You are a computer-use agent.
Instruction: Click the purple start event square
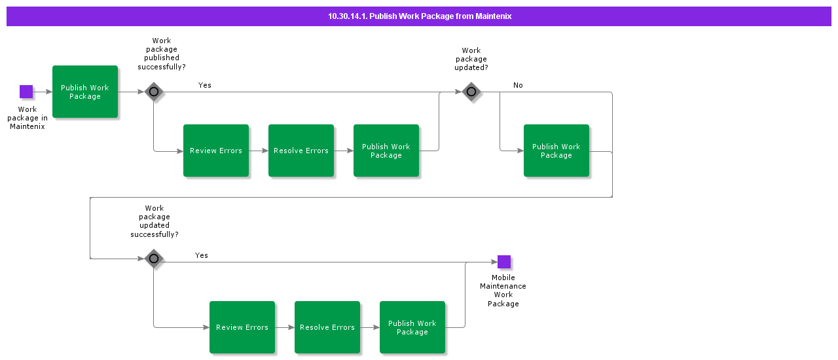(26, 92)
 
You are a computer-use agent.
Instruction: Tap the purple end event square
(503, 262)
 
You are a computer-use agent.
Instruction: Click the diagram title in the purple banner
(419, 16)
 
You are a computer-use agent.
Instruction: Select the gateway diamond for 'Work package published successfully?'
(154, 92)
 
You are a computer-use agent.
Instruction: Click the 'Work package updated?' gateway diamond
(471, 92)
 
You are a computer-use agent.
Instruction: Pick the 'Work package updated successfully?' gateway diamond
(154, 259)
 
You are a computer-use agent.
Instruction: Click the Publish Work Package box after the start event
(85, 92)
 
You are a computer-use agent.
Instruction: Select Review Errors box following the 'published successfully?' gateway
(216, 151)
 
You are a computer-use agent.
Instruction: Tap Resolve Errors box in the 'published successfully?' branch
(301, 151)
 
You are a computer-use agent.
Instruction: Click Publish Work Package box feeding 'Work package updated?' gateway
(386, 151)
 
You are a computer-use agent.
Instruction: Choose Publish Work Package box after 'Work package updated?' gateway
(556, 151)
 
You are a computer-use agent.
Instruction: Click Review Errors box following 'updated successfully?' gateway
(242, 327)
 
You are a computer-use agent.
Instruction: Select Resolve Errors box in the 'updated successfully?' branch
(327, 327)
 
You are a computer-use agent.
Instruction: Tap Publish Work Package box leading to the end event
(412, 327)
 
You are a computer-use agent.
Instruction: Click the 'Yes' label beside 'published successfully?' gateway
(205, 85)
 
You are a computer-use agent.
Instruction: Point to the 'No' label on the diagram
(518, 85)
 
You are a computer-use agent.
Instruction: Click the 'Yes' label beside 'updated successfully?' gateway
(202, 255)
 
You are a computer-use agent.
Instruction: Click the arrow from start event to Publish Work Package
(43, 92)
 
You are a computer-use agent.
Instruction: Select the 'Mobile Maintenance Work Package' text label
(503, 291)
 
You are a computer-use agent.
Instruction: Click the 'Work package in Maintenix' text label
(27, 118)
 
